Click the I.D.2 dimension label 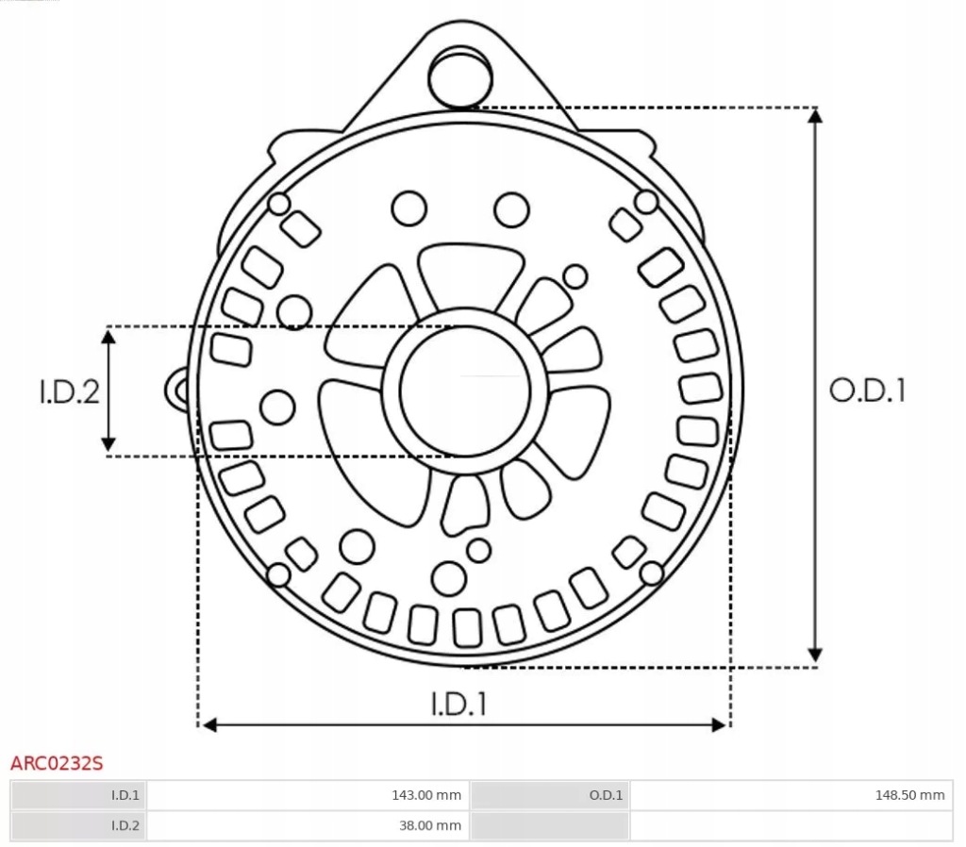point(69,391)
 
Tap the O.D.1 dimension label point(867,390)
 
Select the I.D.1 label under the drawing point(459,704)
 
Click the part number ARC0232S point(56,762)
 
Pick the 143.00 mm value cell point(426,795)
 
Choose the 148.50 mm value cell point(909,795)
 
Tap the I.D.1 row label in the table point(125,795)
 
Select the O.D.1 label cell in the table point(606,795)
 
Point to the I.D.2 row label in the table point(125,825)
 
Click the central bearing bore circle point(464,390)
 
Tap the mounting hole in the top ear point(460,76)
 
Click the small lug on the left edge point(178,389)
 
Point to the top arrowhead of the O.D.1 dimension point(816,115)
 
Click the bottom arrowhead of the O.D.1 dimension point(816,656)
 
